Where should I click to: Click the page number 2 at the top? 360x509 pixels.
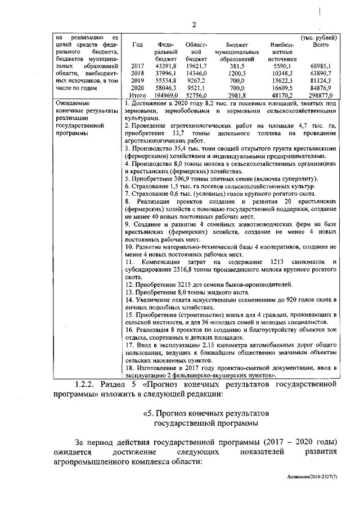193,24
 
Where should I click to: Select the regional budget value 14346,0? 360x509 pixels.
196,74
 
